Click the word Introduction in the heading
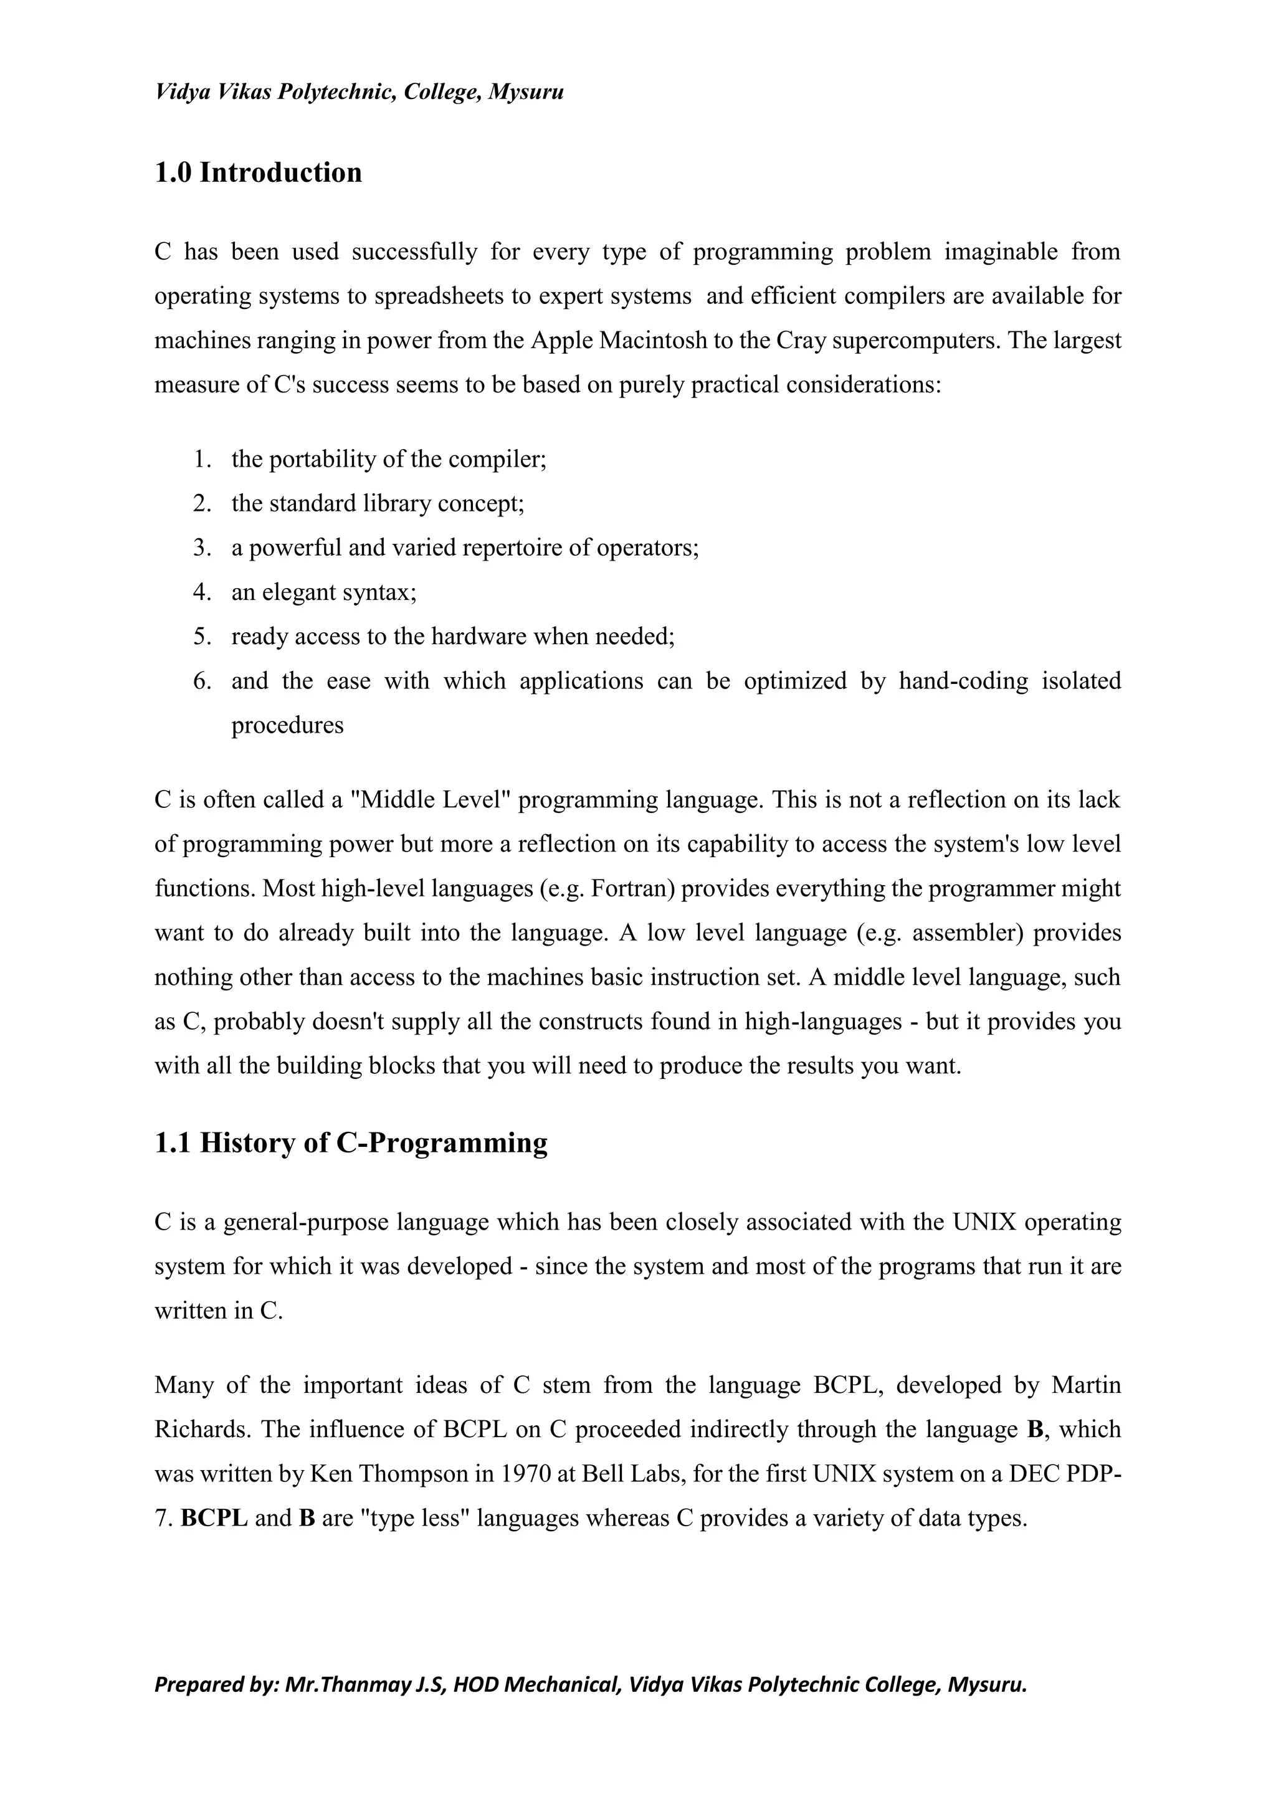pos(280,173)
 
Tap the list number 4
pos(202,592)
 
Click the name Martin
pos(1086,1384)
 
